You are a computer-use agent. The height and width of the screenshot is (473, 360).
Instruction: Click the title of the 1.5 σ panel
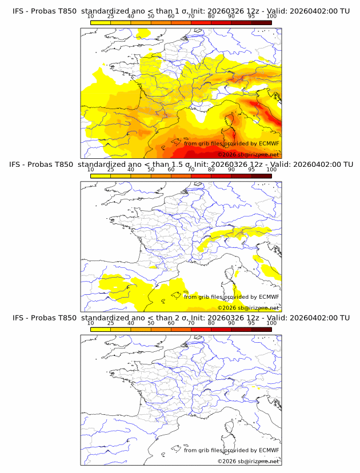click(181, 165)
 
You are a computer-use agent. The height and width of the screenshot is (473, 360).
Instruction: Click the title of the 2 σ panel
click(181, 318)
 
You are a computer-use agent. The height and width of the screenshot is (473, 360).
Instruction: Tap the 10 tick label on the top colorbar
click(90, 17)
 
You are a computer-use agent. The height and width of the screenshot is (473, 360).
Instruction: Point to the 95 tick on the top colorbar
click(251, 17)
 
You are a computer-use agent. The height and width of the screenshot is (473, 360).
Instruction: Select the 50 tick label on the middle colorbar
click(151, 170)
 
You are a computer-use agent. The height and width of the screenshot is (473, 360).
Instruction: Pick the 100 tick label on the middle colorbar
click(271, 170)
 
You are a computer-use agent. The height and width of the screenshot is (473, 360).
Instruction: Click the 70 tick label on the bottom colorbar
click(191, 323)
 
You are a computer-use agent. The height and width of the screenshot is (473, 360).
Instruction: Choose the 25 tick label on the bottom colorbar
click(110, 323)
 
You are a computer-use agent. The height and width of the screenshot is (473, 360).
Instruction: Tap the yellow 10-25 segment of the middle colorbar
click(100, 176)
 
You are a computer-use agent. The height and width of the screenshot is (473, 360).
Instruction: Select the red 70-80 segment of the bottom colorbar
click(201, 329)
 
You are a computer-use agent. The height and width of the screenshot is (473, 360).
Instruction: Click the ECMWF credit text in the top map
click(231, 143)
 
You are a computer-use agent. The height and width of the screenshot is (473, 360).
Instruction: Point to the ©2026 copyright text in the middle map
click(248, 308)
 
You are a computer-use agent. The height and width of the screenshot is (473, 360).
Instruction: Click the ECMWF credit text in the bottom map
click(231, 450)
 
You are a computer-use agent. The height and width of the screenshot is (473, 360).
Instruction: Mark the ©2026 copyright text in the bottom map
click(248, 461)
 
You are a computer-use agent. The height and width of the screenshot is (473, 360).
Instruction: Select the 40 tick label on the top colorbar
click(131, 17)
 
